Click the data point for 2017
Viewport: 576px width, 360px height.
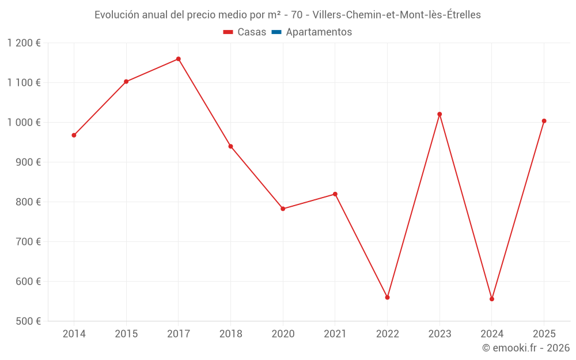click(x=179, y=59)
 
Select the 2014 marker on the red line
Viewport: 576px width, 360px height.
click(x=74, y=135)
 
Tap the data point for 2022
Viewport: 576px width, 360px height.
click(x=387, y=297)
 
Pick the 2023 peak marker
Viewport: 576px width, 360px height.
click(x=439, y=114)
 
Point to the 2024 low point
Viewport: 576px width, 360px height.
click(x=492, y=299)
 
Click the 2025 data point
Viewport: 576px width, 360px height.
click(x=544, y=121)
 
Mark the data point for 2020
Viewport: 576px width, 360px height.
click(x=283, y=209)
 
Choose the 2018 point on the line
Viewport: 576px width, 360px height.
click(x=230, y=146)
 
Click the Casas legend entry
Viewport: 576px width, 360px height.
click(x=245, y=32)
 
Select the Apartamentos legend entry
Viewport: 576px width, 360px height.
click(x=312, y=32)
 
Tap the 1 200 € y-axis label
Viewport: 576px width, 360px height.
click(x=24, y=43)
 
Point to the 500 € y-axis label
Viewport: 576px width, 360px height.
click(x=29, y=321)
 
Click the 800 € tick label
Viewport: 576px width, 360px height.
click(x=29, y=202)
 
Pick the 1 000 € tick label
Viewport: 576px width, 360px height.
click(x=24, y=123)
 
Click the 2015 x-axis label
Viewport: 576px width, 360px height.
click(x=126, y=334)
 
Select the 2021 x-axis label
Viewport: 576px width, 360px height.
click(x=335, y=334)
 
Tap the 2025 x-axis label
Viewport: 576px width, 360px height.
click(x=544, y=334)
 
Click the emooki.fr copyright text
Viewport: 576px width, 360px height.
click(x=525, y=348)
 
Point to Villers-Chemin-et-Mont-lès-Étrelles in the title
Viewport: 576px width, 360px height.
click(x=396, y=15)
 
